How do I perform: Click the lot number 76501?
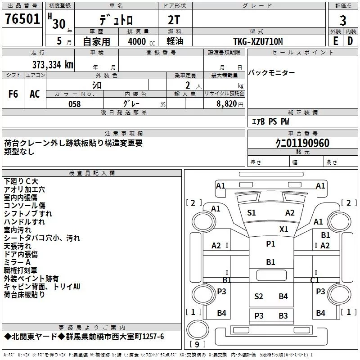22,19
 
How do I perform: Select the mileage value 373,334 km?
53,65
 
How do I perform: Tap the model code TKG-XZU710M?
258,41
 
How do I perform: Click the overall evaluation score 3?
343,20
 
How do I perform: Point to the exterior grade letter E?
335,41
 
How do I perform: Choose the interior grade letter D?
350,41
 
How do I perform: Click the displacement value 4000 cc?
141,41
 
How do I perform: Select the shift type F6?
13,94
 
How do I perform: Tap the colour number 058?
75,104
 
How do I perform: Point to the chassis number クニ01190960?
302,143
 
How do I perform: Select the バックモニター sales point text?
271,73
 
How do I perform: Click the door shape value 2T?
174,20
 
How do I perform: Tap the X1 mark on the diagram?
284,229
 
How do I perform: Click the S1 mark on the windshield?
252,213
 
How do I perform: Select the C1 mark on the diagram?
315,280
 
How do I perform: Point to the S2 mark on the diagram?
258,297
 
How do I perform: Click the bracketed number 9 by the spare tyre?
197,344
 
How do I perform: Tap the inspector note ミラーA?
17,262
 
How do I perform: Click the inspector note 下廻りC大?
21,181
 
